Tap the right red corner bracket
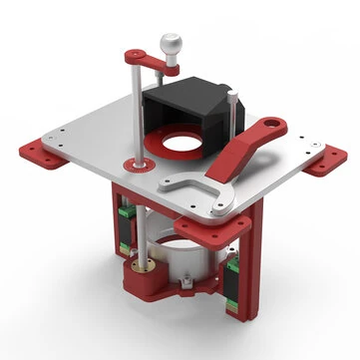[323, 164]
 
